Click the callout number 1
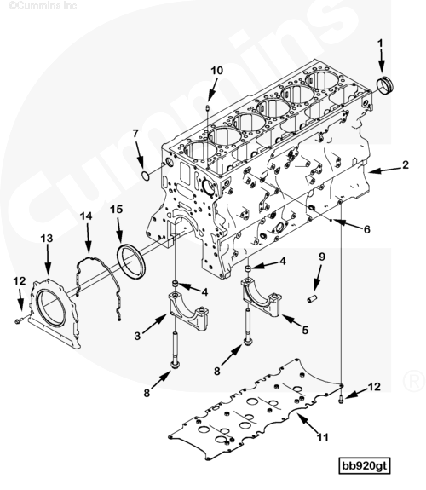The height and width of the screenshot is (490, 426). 380,43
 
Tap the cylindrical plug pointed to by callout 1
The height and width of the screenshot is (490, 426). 385,84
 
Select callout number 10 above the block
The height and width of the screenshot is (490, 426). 217,71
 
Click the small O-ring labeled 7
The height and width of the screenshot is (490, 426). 146,176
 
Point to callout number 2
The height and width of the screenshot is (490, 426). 406,164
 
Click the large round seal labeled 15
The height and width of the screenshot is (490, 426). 131,262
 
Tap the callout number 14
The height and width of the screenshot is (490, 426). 86,216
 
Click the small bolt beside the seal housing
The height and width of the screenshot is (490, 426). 18,320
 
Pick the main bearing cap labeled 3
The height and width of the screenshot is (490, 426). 188,310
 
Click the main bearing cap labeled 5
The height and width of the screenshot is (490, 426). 262,296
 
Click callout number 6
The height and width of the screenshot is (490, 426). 366,230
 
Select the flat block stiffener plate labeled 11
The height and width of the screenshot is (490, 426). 256,409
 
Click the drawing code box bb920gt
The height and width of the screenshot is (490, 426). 365,466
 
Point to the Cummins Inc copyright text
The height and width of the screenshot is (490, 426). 43,6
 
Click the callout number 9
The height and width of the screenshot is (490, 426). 322,257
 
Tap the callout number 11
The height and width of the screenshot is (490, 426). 323,437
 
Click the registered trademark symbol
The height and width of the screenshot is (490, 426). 414,381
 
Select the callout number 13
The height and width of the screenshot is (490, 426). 47,239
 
